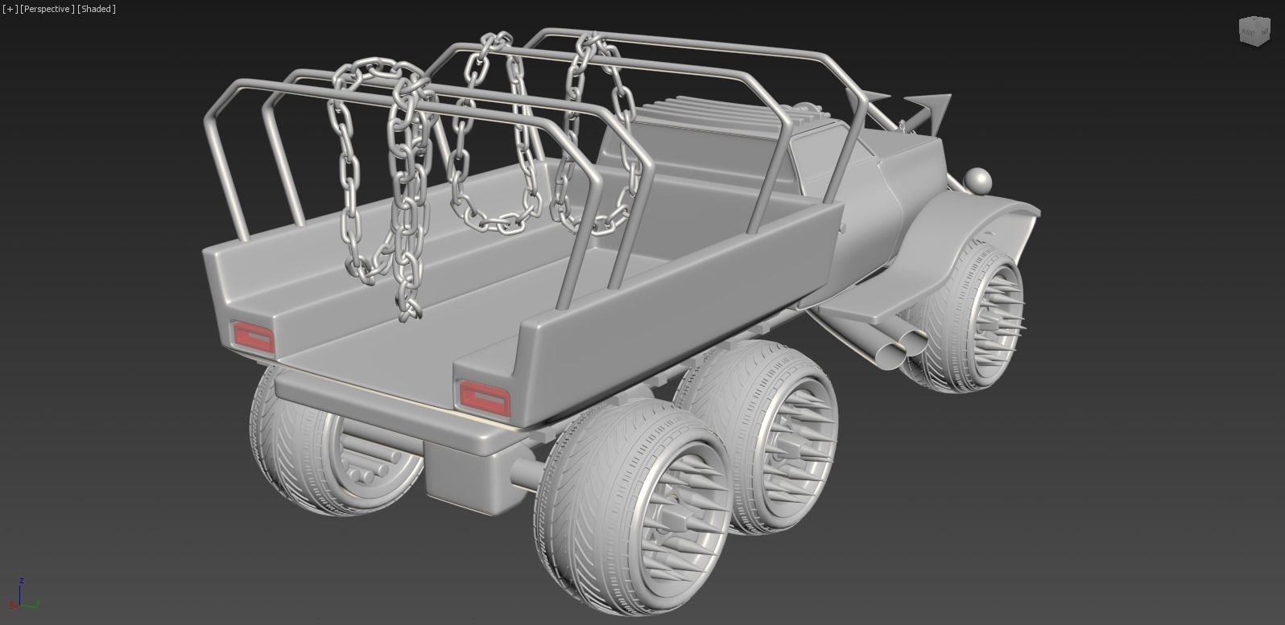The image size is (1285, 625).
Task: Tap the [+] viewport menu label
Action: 9,9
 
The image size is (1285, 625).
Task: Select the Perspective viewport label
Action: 48,9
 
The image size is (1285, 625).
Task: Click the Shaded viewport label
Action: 97,9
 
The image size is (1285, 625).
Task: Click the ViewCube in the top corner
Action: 1253,31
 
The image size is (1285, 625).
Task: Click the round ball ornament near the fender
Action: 977,179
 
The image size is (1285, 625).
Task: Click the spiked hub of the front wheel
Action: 994,321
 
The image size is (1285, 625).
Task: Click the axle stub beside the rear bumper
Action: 524,474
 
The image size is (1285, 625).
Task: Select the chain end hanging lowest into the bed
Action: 409,310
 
